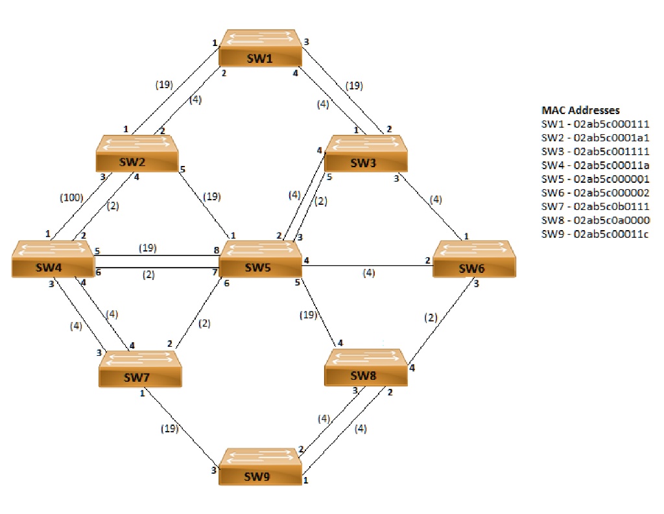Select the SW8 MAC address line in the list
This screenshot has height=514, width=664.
(x=595, y=220)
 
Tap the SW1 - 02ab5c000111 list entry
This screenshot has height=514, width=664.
(x=595, y=124)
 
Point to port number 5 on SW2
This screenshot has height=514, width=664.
(x=184, y=170)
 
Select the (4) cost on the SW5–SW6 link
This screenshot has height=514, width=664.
(x=368, y=273)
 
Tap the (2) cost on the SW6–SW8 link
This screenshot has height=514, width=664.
(x=431, y=318)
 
